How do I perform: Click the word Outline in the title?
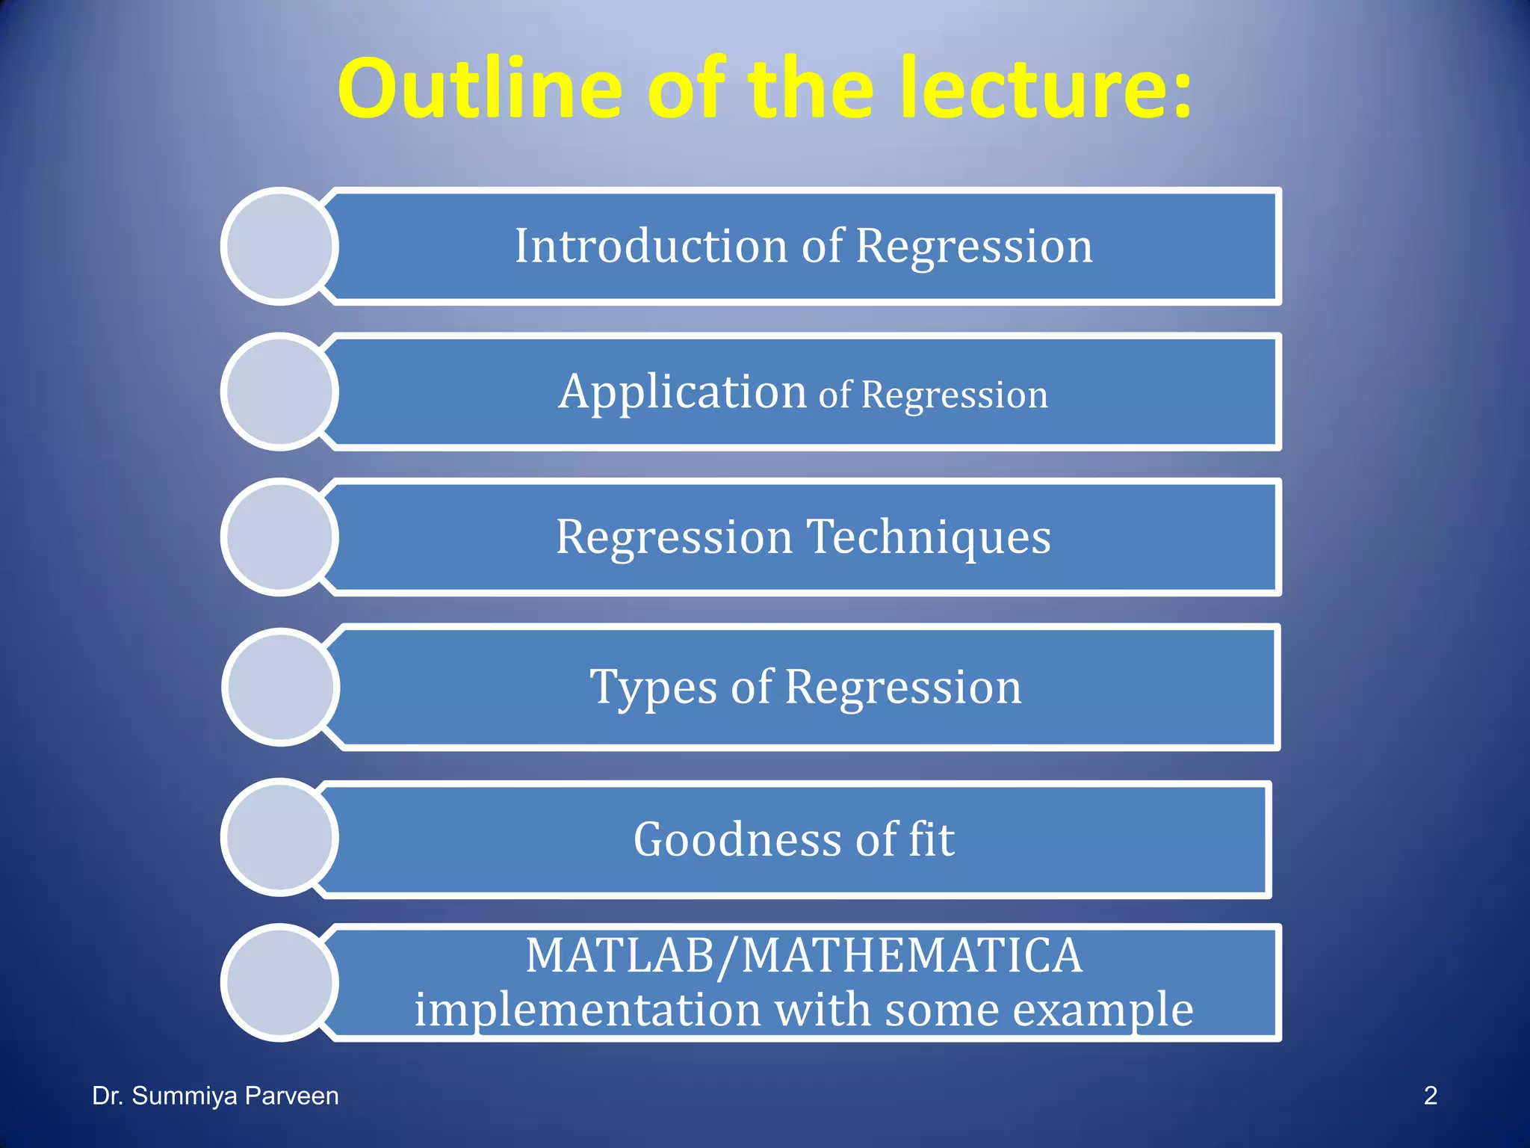pyautogui.click(x=479, y=90)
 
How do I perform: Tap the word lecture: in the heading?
pyautogui.click(x=1045, y=90)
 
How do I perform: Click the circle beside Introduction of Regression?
pyautogui.click(x=279, y=246)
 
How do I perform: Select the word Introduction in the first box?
pyautogui.click(x=651, y=246)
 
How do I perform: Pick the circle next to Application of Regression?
pyautogui.click(x=279, y=392)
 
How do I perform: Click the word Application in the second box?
pyautogui.click(x=682, y=392)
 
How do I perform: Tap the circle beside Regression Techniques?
pyautogui.click(x=279, y=537)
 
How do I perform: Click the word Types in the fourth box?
pyautogui.click(x=654, y=688)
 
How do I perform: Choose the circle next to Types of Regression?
pyautogui.click(x=281, y=687)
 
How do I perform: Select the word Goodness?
pyautogui.click(x=737, y=839)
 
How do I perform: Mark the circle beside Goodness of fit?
pyautogui.click(x=279, y=837)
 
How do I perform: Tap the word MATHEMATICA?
pyautogui.click(x=911, y=956)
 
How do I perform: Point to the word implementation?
pyautogui.click(x=587, y=1010)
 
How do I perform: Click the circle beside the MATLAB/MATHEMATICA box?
pyautogui.click(x=279, y=982)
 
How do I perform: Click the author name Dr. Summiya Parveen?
pyautogui.click(x=215, y=1096)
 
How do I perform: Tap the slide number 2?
pyautogui.click(x=1430, y=1096)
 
